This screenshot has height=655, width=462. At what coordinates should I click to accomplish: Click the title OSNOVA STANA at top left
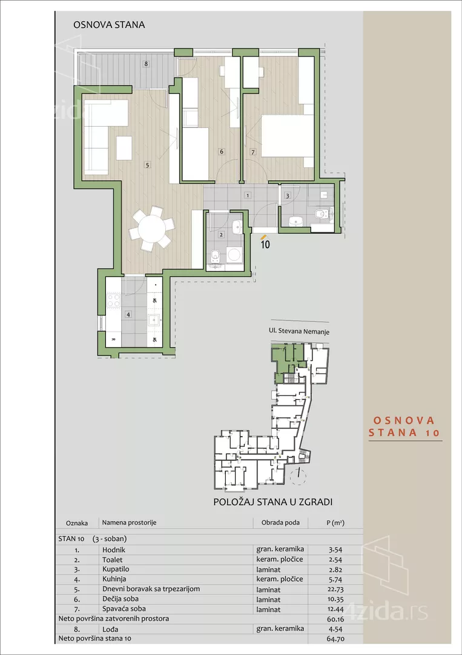tap(109, 25)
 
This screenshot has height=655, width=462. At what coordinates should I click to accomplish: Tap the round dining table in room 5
tap(151, 229)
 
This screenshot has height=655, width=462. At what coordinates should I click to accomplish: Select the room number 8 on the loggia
tap(145, 64)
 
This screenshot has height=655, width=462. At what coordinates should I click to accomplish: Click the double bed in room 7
tap(287, 136)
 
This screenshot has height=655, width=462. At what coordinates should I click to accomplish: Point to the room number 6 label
tap(222, 152)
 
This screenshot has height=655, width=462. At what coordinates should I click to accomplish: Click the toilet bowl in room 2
tap(215, 256)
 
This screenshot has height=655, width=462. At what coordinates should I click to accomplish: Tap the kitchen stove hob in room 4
tap(113, 300)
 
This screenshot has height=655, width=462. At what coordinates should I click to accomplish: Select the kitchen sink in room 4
tap(154, 320)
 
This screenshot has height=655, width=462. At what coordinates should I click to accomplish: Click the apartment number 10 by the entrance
tap(265, 244)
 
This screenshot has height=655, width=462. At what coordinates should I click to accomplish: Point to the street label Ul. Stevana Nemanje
tap(299, 332)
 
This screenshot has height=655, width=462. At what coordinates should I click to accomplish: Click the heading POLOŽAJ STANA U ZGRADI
tap(273, 502)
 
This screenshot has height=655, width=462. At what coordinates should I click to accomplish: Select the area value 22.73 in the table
tap(335, 589)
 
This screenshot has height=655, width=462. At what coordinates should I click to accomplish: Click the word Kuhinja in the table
tap(114, 579)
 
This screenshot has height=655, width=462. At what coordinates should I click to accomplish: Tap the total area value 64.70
tap(335, 639)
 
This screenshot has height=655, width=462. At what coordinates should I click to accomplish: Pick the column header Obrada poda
tap(280, 523)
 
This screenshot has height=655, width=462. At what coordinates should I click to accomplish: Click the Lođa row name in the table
tap(110, 629)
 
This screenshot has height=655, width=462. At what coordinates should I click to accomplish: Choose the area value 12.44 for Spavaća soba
tap(335, 610)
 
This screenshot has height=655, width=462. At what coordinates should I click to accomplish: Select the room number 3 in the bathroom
tap(287, 195)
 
